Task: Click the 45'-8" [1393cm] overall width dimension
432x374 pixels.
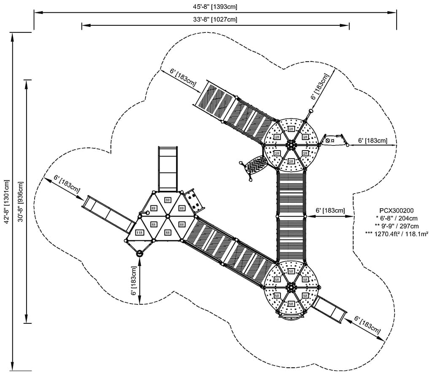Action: point(215,6)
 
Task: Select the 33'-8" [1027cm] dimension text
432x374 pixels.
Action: point(215,19)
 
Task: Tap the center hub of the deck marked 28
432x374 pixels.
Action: point(291,145)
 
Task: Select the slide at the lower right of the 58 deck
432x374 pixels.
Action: point(331,309)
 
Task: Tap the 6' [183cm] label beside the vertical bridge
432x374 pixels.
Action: point(330,210)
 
